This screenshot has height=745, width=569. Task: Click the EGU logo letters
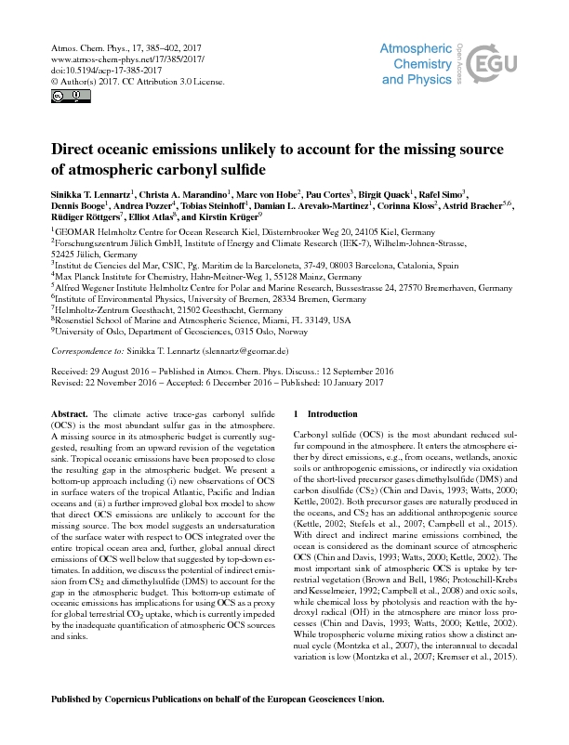[x=506, y=62]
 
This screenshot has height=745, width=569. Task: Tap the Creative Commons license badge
[x=57, y=96]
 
